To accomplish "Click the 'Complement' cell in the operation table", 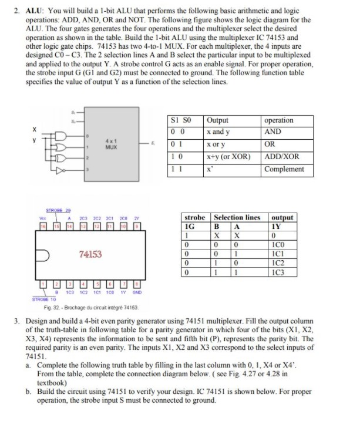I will [x=285, y=169].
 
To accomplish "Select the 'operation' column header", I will [x=280, y=120].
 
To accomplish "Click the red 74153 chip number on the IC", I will [x=90, y=254].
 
